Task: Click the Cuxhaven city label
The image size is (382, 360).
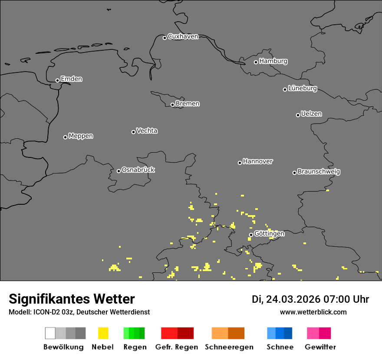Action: click(183, 37)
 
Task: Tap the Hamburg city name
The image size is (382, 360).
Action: click(273, 61)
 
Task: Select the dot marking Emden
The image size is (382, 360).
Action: click(57, 80)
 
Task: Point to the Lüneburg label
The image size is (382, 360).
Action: click(302, 88)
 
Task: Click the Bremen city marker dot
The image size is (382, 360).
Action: click(172, 105)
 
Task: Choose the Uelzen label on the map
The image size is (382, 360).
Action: click(311, 114)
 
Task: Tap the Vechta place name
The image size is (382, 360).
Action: click(147, 131)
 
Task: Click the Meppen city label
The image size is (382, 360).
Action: click(81, 136)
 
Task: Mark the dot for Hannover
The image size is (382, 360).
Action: click(240, 163)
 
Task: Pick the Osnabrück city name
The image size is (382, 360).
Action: click(138, 170)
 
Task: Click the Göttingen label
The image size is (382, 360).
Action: click(269, 234)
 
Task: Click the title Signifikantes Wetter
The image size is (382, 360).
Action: click(72, 299)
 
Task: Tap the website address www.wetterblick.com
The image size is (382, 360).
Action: click(313, 312)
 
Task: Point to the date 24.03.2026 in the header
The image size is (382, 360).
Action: click(293, 299)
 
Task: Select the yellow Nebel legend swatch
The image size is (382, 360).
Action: click(103, 333)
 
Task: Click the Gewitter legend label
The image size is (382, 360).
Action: click(320, 347)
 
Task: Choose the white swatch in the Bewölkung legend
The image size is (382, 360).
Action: click(50, 333)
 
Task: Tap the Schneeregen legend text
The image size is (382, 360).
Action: click(229, 347)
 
